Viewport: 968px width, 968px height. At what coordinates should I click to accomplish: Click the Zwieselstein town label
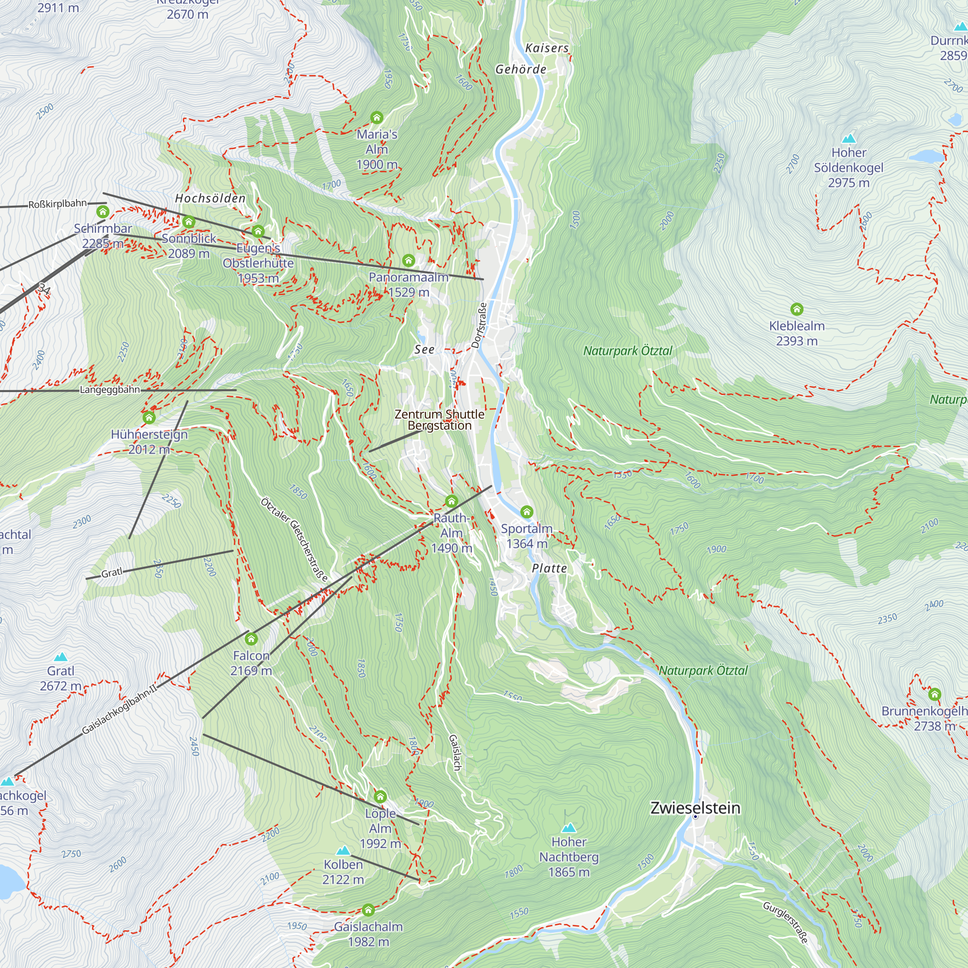[695, 808]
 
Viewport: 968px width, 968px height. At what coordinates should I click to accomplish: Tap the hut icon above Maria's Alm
[377, 118]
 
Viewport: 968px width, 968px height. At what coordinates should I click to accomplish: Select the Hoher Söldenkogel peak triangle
[849, 138]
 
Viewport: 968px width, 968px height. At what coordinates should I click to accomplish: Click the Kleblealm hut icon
[797, 309]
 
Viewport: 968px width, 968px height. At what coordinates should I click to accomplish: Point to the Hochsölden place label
[211, 198]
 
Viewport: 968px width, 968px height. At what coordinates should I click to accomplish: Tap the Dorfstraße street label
[480, 325]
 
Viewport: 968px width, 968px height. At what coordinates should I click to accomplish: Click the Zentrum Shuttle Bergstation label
[439, 420]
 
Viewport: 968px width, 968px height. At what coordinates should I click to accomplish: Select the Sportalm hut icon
[527, 512]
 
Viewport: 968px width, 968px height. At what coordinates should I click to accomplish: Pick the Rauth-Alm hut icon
[452, 501]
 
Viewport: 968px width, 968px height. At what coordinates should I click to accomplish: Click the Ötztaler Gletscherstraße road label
[295, 539]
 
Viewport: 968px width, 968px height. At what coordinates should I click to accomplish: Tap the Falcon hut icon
[251, 639]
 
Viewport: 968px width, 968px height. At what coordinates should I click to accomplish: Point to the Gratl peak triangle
[60, 656]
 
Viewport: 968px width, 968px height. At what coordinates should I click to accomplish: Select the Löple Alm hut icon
[380, 797]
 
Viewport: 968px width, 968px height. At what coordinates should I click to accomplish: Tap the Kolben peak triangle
[343, 850]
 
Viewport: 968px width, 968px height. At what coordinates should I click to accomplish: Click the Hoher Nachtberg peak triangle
[569, 828]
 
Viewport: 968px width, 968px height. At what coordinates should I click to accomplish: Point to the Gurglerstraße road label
[786, 922]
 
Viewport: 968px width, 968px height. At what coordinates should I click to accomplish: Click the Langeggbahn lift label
[110, 390]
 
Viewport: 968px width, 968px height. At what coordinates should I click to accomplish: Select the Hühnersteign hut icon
[149, 417]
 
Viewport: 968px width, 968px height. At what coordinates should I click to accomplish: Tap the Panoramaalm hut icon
[408, 260]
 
